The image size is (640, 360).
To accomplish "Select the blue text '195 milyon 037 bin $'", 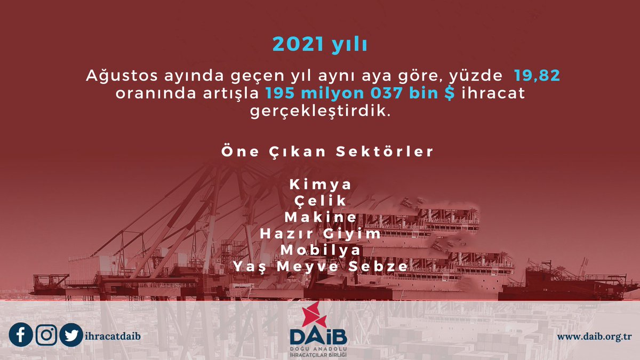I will point(361,94).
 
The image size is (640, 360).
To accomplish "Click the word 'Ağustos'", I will point(114,76).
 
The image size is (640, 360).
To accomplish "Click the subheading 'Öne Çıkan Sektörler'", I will point(327,151).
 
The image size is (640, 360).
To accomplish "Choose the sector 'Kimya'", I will point(321,185).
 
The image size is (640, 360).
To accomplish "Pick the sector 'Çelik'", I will point(321,201).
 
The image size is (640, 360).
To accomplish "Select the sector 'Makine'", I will point(321,218).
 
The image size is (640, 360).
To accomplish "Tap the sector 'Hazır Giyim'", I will point(321,234).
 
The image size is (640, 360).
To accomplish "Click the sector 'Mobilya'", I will point(321,250).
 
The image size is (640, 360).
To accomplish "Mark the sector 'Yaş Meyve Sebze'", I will point(321,267).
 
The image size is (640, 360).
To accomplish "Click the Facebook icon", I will point(21,335).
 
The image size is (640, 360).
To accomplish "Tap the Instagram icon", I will point(47,335).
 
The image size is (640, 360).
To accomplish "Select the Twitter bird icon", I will point(71,335).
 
